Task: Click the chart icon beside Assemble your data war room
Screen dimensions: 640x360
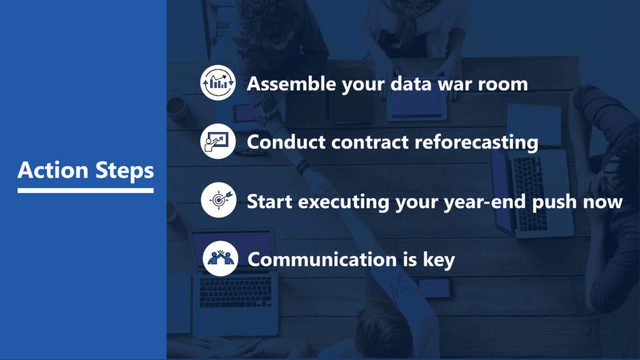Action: [218, 82]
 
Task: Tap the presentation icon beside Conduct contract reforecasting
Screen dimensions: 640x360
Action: [218, 141]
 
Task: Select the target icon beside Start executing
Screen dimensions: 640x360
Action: [219, 199]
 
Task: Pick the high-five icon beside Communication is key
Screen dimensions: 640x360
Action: [221, 258]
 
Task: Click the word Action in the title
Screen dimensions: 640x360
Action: [53, 170]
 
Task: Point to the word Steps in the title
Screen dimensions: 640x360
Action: [124, 171]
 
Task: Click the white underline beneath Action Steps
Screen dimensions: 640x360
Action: [86, 190]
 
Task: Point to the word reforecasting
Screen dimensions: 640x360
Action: [476, 143]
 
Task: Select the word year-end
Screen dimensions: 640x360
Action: [485, 202]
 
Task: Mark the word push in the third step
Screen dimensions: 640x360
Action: [555, 202]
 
